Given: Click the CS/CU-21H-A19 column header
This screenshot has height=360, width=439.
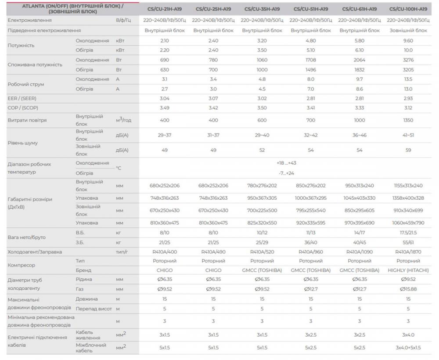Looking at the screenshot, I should pyautogui.click(x=165, y=9).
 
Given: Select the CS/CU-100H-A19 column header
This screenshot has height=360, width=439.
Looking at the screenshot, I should pyautogui.click(x=408, y=9).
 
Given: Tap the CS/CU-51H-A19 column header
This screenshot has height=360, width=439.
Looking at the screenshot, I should pyautogui.click(x=311, y=9).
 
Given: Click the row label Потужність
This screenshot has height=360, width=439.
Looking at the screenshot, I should pyautogui.click(x=21, y=45).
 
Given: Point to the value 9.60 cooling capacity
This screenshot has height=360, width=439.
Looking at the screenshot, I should pyautogui.click(x=408, y=40).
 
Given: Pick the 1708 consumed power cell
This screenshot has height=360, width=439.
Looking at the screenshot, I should pyautogui.click(x=311, y=60).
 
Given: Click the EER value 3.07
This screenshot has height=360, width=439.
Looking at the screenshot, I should pyautogui.click(x=213, y=98).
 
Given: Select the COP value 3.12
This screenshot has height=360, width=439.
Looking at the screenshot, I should pyautogui.click(x=408, y=108).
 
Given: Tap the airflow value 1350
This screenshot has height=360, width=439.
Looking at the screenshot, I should pyautogui.click(x=408, y=120).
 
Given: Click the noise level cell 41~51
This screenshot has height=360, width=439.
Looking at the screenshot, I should pyautogui.click(x=408, y=135).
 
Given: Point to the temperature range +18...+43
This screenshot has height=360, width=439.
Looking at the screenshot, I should pyautogui.click(x=287, y=163).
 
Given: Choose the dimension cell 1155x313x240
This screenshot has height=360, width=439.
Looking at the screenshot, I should pyautogui.click(x=408, y=186).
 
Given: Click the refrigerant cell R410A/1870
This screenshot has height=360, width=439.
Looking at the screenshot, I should pyautogui.click(x=408, y=252).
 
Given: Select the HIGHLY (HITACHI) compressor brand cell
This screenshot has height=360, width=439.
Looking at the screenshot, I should pyautogui.click(x=408, y=270).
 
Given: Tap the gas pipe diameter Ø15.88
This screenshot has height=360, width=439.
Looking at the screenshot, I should pyautogui.click(x=408, y=289).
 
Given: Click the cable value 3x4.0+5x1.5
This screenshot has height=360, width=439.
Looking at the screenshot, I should pyautogui.click(x=408, y=348).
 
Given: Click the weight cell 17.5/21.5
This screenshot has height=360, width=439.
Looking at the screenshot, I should pyautogui.click(x=408, y=233).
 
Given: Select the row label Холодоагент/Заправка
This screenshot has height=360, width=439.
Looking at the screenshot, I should pyautogui.click(x=35, y=252).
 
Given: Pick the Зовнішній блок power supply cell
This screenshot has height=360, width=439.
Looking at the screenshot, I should pyautogui.click(x=408, y=30).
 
